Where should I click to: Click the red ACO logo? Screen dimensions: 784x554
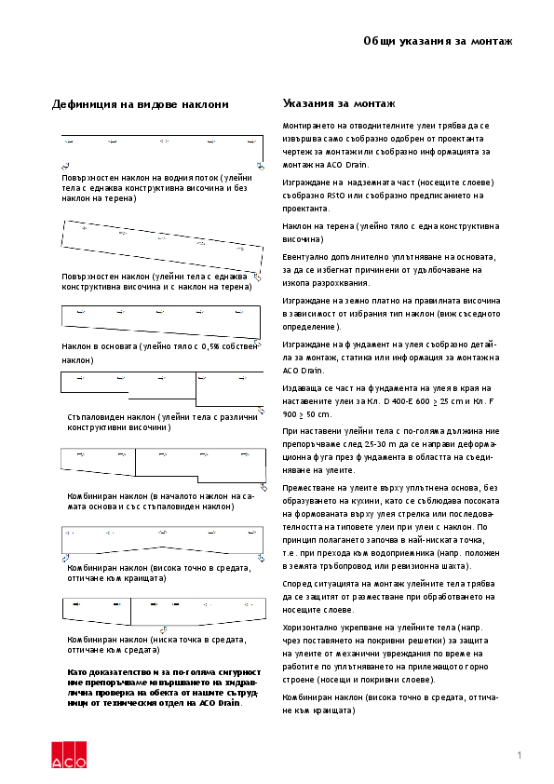[69, 755]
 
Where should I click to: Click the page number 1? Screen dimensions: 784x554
[519, 754]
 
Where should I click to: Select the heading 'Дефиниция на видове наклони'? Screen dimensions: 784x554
[141, 104]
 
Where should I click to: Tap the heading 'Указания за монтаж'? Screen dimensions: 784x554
[339, 103]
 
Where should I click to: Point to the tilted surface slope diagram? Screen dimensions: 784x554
[162, 243]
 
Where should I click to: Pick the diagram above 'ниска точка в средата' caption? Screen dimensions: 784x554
[162, 610]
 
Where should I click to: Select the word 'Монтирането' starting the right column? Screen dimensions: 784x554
[307, 125]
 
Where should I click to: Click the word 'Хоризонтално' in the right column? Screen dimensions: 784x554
[311, 628]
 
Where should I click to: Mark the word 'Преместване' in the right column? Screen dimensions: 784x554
[308, 487]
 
